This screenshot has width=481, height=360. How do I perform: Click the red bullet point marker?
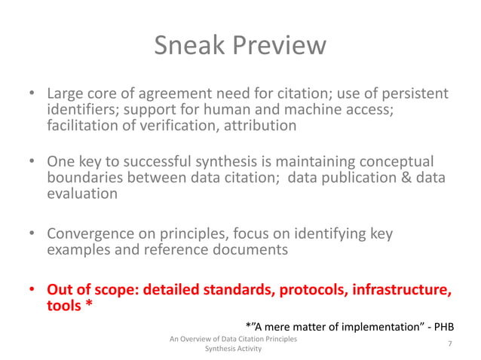pyautogui.click(x=32, y=290)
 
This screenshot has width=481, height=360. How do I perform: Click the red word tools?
pyautogui.click(x=66, y=305)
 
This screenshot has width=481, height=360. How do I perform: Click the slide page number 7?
pyautogui.click(x=449, y=344)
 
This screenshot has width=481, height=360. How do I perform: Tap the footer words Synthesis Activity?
pyautogui.click(x=233, y=349)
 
